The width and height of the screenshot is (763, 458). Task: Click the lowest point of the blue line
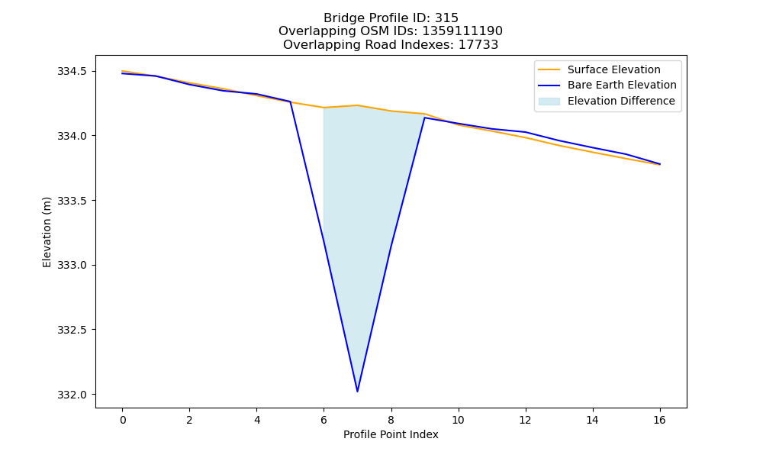(x=357, y=391)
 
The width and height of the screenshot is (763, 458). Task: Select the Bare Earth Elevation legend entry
(x=607, y=85)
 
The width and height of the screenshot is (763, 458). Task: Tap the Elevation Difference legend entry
(x=607, y=102)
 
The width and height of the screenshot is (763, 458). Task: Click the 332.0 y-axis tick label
(x=72, y=395)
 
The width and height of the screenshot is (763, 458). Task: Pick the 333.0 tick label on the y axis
(x=72, y=266)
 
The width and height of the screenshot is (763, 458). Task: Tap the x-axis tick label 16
(x=659, y=420)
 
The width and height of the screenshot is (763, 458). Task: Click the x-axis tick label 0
(x=123, y=420)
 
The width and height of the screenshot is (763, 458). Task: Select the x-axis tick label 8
(x=391, y=420)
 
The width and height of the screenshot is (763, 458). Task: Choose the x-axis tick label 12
(x=525, y=420)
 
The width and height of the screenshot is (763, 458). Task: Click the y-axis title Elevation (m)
(x=47, y=232)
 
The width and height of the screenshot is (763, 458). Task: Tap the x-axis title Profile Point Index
(x=391, y=434)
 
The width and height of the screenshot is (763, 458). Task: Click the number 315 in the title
(x=446, y=18)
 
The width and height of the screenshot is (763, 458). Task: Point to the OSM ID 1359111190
(x=462, y=31)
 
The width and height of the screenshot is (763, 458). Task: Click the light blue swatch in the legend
(x=549, y=102)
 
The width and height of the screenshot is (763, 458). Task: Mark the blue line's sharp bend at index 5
(x=291, y=102)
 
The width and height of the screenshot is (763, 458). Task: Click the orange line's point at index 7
(x=357, y=105)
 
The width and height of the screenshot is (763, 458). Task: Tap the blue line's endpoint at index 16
(x=660, y=164)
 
